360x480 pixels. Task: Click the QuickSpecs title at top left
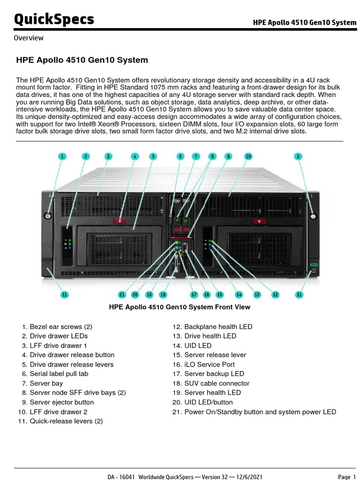(54, 19)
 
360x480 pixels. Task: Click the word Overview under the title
(29, 38)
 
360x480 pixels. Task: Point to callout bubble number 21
(122, 294)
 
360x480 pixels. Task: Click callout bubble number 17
(194, 294)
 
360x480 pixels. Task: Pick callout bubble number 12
(275, 294)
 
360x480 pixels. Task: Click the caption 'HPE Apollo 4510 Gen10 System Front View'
(180, 307)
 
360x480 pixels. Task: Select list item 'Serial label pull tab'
(59, 374)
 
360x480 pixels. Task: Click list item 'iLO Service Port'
(209, 365)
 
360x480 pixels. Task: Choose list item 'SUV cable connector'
(217, 383)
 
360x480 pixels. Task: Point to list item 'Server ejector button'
(61, 402)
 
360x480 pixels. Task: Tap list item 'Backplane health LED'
(218, 327)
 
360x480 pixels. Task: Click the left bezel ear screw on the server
(47, 216)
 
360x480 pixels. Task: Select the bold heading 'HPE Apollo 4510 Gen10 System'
(82, 60)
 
